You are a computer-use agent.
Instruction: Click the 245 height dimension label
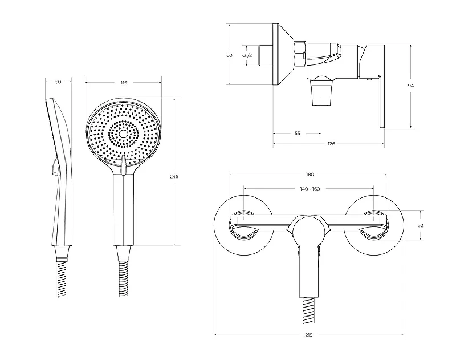pos(174,176)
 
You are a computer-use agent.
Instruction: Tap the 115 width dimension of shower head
pos(124,83)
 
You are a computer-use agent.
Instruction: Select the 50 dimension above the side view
pos(58,82)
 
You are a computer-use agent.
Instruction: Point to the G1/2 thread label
pos(247,55)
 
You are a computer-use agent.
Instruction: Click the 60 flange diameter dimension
pos(230,55)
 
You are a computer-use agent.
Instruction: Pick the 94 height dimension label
pos(411,86)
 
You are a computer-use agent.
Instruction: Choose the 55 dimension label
pos(297,134)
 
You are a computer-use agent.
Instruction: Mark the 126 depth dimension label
pos(331,143)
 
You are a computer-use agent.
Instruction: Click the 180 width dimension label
pos(310,175)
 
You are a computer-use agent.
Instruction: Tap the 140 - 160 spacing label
pos(310,189)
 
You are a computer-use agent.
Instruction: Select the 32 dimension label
pos(420,225)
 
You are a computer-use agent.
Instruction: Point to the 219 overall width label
pos(309,335)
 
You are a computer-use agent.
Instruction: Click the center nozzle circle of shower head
pos(124,134)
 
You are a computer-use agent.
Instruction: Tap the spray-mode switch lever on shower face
pos(123,165)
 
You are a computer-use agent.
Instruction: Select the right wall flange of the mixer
pos(373,225)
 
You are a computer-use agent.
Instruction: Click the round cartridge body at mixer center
pos(309,230)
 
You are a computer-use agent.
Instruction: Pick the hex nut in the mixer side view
pos(300,54)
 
